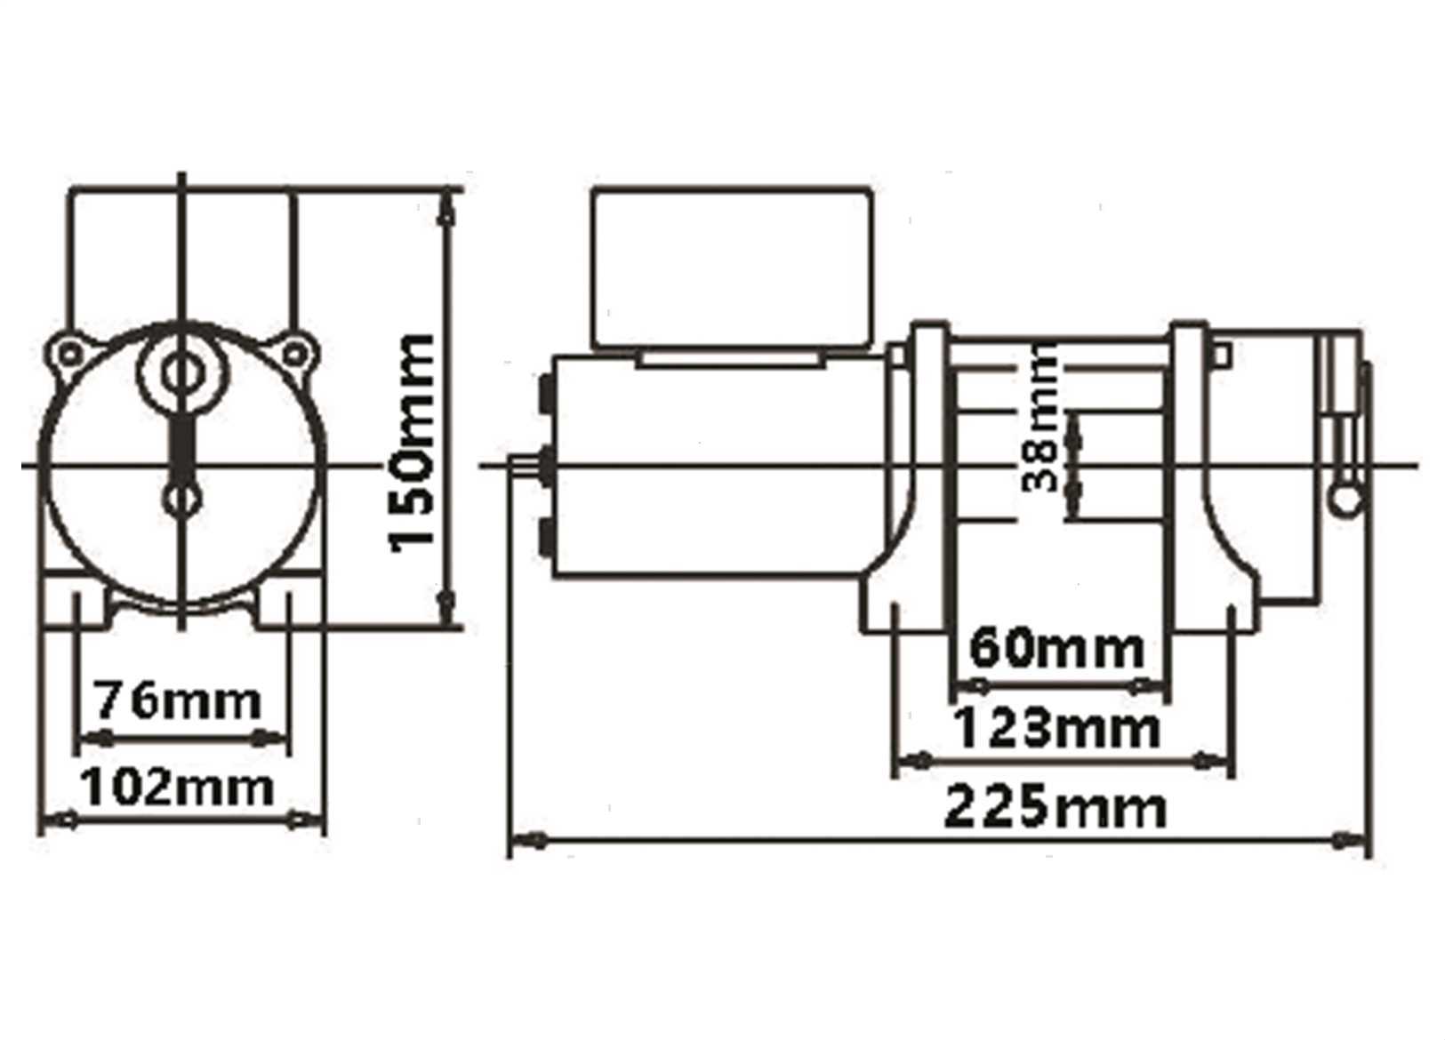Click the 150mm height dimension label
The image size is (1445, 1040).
[413, 444]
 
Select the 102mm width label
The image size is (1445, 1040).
[177, 788]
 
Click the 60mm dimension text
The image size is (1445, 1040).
[1056, 649]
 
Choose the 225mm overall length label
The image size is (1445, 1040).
[1056, 809]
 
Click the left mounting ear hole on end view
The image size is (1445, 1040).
[69, 354]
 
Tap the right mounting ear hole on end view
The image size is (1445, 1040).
[294, 354]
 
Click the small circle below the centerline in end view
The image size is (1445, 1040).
[182, 500]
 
